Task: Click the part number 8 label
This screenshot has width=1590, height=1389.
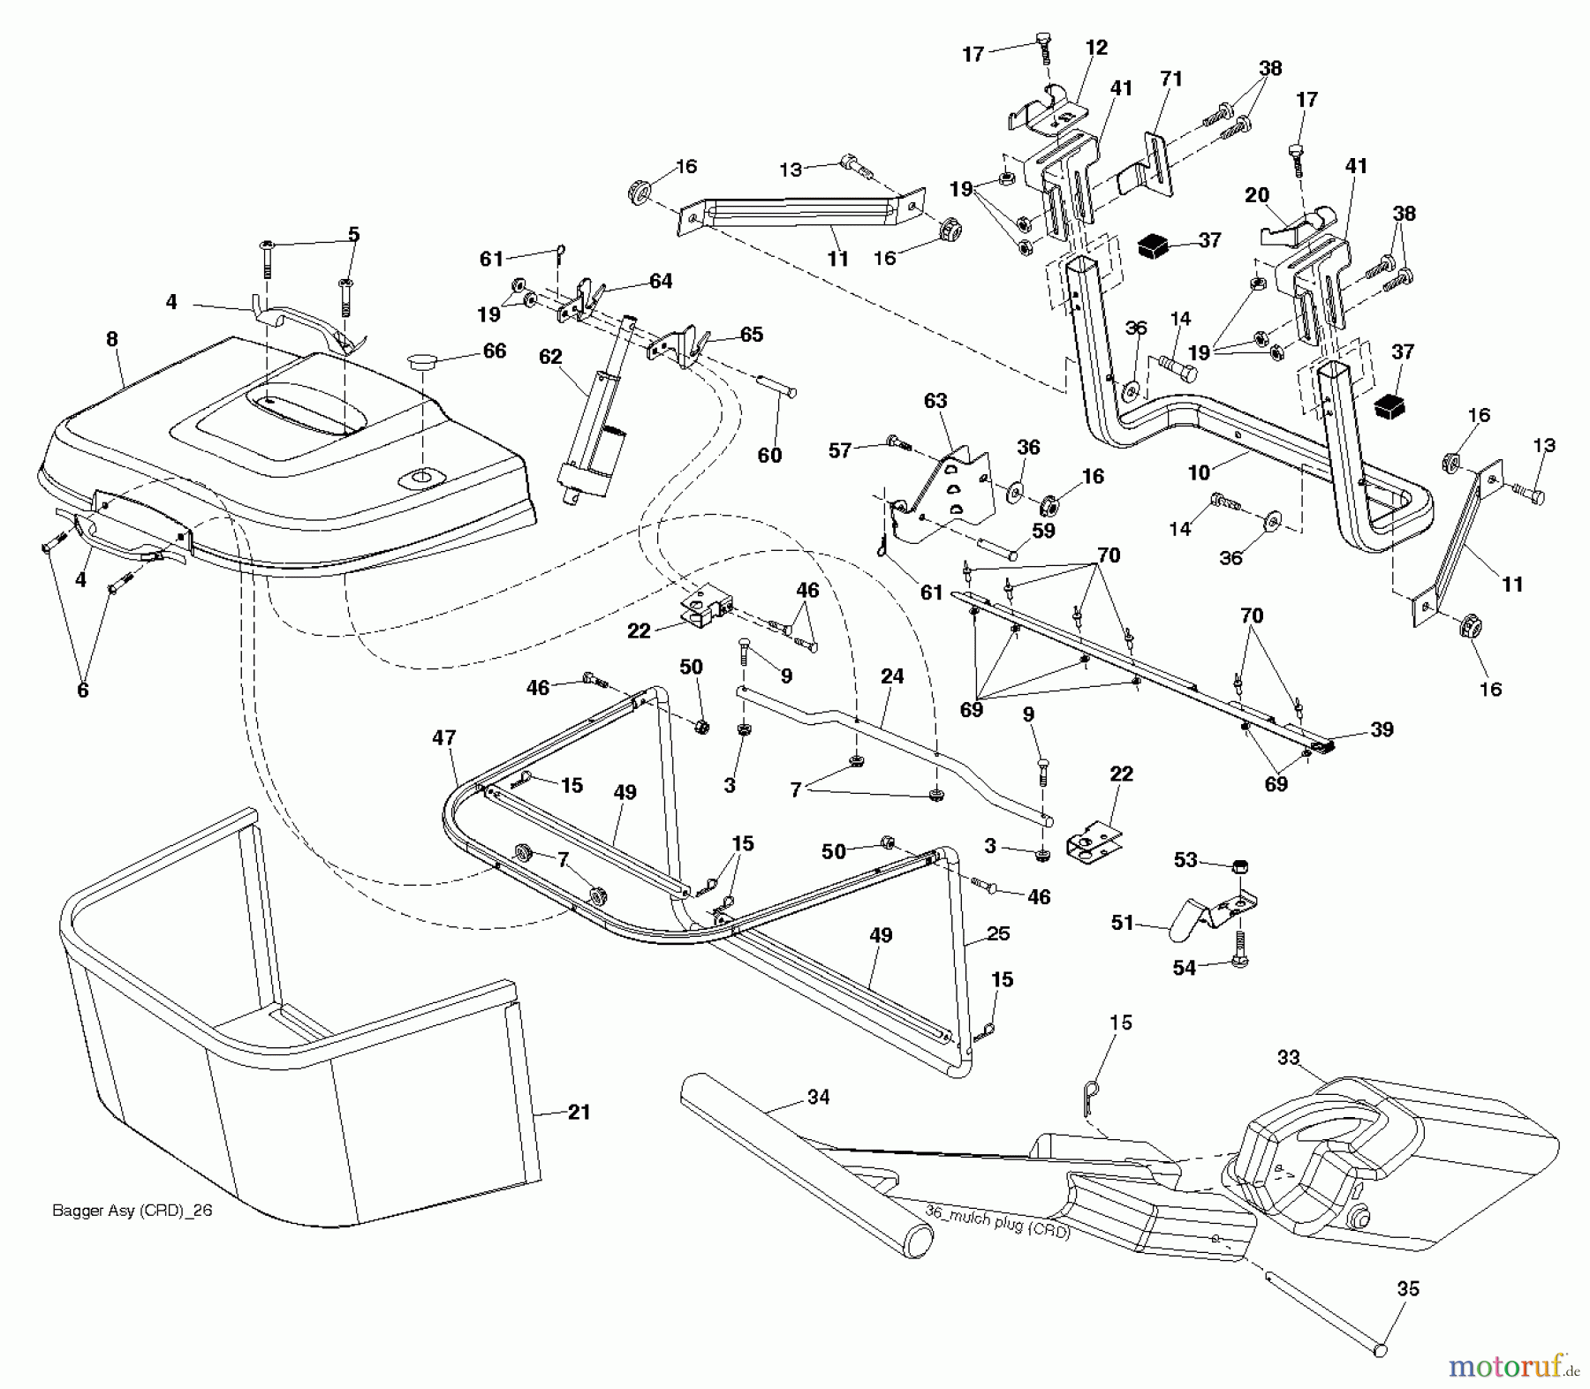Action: click(112, 339)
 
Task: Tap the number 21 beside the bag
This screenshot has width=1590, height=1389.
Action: click(579, 1113)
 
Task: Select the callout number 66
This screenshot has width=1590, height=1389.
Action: click(495, 351)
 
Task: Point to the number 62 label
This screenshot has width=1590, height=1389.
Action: click(550, 357)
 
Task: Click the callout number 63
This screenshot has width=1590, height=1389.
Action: click(935, 401)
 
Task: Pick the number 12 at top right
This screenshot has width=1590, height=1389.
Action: click(1096, 48)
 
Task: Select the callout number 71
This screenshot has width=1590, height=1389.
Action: click(1170, 79)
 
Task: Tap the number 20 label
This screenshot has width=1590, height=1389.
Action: click(1257, 196)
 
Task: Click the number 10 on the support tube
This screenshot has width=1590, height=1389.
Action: click(1199, 472)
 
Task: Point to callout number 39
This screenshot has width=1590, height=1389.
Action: click(1382, 728)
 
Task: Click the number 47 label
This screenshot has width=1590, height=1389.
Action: click(444, 737)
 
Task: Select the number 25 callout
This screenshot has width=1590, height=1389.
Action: click(998, 933)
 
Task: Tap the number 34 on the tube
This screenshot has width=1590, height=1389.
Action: click(819, 1097)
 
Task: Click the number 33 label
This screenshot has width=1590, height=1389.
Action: click(1289, 1057)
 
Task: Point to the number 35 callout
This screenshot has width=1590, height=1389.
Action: click(1408, 1288)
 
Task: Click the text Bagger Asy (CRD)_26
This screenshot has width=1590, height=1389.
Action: click(132, 1211)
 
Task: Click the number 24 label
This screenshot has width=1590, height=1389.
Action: click(892, 676)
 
